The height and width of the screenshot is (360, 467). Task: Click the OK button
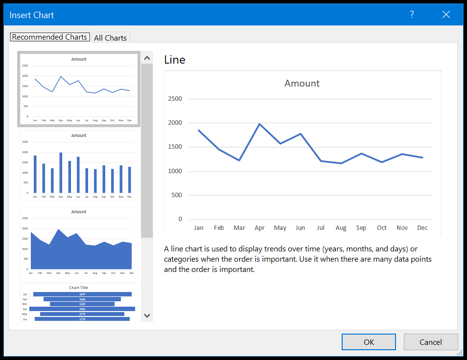[369, 342]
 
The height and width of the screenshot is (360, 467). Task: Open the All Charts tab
[110, 38]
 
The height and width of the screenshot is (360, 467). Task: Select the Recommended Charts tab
[49, 37]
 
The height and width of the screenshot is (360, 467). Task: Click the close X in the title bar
[446, 15]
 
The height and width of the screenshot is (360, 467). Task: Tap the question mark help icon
[412, 15]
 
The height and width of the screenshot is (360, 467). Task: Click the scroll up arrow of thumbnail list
[147, 58]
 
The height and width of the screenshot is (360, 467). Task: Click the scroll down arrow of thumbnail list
[147, 315]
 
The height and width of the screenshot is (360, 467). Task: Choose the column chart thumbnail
[79, 165]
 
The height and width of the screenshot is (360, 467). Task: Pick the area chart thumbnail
[79, 241]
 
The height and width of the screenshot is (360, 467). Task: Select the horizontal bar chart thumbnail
[79, 303]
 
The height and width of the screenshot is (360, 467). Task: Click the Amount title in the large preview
[302, 84]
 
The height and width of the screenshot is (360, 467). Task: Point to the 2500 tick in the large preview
[175, 99]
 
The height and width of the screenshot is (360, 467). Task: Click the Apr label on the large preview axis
[259, 228]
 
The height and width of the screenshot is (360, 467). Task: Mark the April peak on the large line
[259, 124]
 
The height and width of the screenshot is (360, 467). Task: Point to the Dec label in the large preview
[422, 228]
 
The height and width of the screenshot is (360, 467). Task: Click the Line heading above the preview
[175, 60]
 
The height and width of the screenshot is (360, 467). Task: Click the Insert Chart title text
[32, 15]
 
